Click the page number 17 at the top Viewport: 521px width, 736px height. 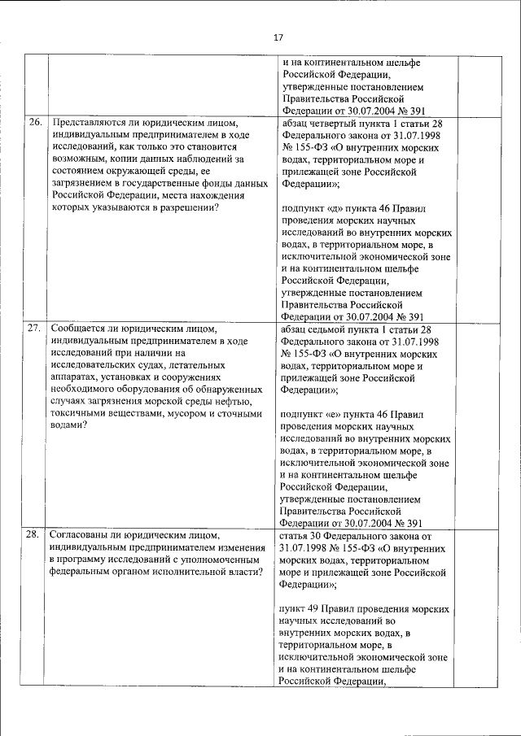(x=278, y=37)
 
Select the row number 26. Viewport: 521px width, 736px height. (x=34, y=123)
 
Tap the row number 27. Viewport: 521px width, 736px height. (x=34, y=329)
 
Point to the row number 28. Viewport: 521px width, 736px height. (x=34, y=534)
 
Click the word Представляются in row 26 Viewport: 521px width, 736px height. (x=86, y=123)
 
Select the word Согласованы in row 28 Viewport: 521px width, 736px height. (x=81, y=534)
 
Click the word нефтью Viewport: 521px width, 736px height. (x=241, y=401)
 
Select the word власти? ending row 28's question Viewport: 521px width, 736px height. (x=243, y=573)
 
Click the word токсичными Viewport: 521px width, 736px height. (x=78, y=414)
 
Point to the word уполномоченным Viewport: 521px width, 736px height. (x=221, y=560)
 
